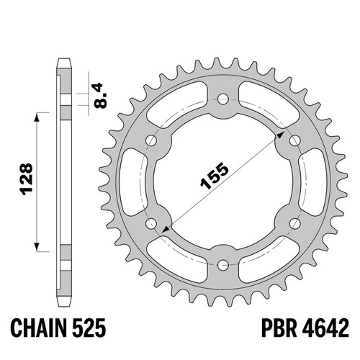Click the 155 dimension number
[x=215, y=176]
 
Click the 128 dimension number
[x=26, y=179]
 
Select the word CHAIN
[x=38, y=328]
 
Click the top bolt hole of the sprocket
[x=223, y=99]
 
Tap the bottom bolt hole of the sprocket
[x=223, y=265]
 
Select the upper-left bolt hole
[x=151, y=140]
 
